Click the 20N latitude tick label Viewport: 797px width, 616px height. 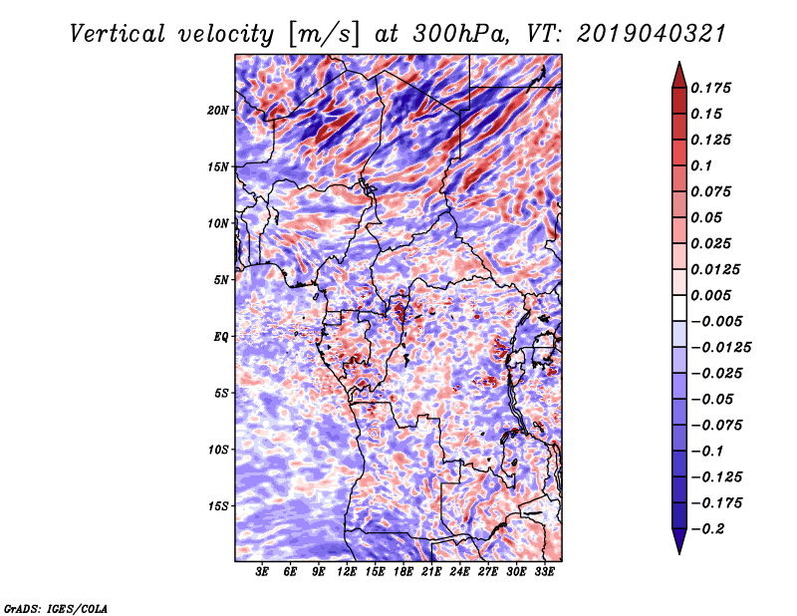tap(218, 110)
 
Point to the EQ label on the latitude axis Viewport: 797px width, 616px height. tap(221, 337)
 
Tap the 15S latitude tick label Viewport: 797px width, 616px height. tap(218, 506)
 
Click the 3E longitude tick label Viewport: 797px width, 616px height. tap(263, 572)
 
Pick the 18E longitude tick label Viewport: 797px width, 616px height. tap(403, 572)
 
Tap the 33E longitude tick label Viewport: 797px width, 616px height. tap(544, 572)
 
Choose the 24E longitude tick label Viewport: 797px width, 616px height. tap(459, 572)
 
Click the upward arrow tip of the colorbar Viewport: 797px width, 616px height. tap(678, 65)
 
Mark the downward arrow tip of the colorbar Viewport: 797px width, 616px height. tap(678, 551)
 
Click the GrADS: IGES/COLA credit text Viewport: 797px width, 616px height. tap(55, 607)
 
